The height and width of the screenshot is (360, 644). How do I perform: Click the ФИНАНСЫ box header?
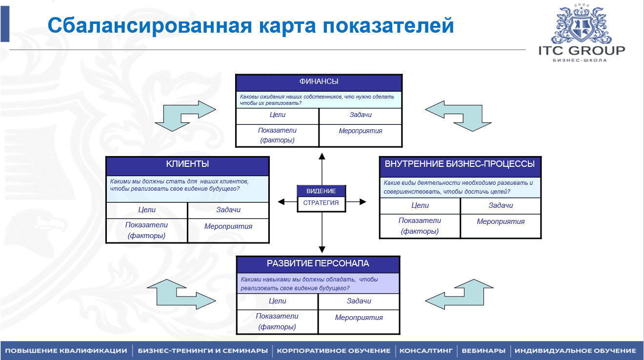point(319,82)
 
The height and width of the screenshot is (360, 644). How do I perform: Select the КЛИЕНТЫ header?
point(187,164)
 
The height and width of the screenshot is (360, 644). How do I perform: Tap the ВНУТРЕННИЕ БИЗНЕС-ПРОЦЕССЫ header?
point(460,164)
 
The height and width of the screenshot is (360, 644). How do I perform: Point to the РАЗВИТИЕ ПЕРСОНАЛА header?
point(318,264)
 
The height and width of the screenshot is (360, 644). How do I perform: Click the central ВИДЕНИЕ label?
point(321,191)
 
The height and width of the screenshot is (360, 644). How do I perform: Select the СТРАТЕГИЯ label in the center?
point(321,203)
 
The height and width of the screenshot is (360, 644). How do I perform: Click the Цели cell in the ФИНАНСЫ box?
point(277,115)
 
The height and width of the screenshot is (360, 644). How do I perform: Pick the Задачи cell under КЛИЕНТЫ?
point(228,210)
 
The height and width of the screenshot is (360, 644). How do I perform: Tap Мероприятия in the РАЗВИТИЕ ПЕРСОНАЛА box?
point(359,318)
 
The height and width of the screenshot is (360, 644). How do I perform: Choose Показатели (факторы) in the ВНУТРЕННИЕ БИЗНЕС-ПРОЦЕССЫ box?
point(420,225)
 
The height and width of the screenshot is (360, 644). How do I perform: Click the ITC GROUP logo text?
point(581,50)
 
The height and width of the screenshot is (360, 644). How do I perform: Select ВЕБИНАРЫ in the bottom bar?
point(483,351)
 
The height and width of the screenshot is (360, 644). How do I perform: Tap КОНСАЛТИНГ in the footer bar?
point(426,351)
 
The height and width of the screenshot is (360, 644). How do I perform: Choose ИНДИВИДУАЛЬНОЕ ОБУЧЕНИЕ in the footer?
point(575,351)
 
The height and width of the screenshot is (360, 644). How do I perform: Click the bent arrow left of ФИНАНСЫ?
point(185,116)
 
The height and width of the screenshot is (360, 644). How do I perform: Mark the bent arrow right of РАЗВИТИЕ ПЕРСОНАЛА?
point(460,294)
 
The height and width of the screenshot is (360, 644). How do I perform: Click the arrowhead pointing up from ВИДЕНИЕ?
point(322,156)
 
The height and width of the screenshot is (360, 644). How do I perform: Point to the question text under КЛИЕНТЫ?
point(179,184)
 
